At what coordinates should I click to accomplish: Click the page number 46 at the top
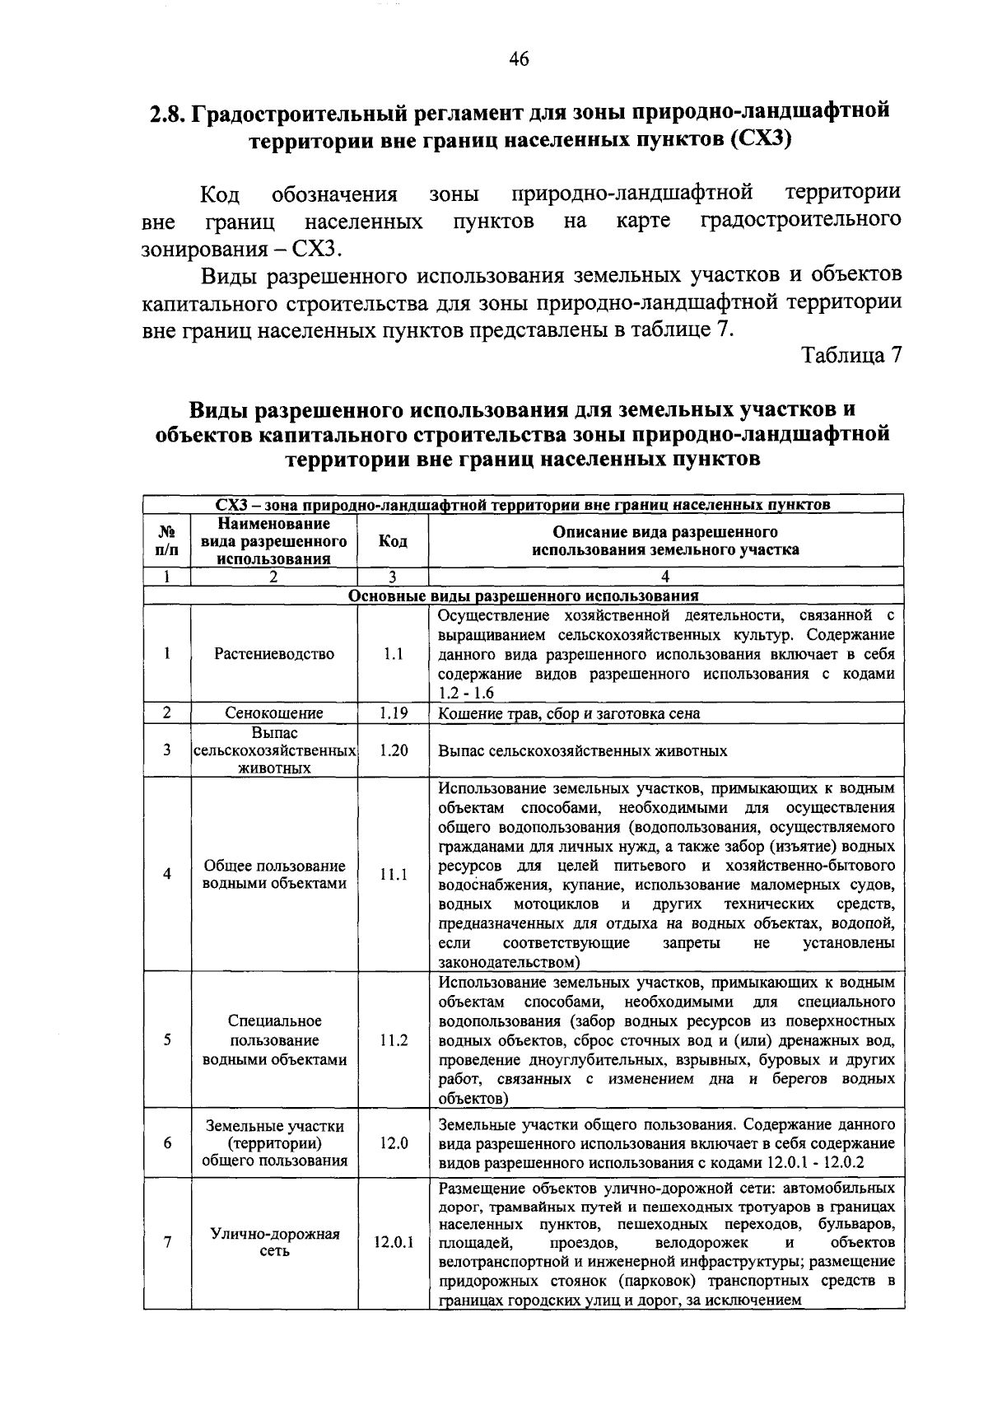tap(518, 59)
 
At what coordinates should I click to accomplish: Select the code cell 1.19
tap(394, 713)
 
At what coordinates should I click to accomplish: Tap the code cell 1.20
tap(394, 750)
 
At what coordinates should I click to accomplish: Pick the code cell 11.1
tap(394, 875)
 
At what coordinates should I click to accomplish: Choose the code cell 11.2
tap(394, 1040)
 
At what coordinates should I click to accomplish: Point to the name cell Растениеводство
tap(274, 654)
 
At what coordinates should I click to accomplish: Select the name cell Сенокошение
tap(274, 713)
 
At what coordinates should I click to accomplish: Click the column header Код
tap(393, 541)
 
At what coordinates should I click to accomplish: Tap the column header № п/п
tap(166, 541)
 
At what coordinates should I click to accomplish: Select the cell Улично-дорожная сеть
tap(274, 1243)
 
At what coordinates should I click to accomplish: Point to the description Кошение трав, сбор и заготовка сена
tap(569, 713)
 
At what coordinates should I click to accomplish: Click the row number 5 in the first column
tap(166, 1040)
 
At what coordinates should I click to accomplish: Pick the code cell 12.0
tap(394, 1143)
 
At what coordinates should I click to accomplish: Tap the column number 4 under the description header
tap(665, 577)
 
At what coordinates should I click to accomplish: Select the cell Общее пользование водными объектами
tap(274, 875)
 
